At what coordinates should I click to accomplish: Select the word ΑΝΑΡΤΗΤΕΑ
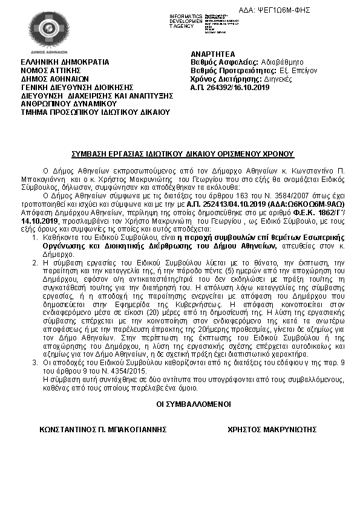click(209, 53)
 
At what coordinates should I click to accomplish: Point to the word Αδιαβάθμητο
click(283, 62)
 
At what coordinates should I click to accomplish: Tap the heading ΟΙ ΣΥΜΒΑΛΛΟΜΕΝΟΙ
click(180, 403)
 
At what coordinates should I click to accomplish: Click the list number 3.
click(35, 361)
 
